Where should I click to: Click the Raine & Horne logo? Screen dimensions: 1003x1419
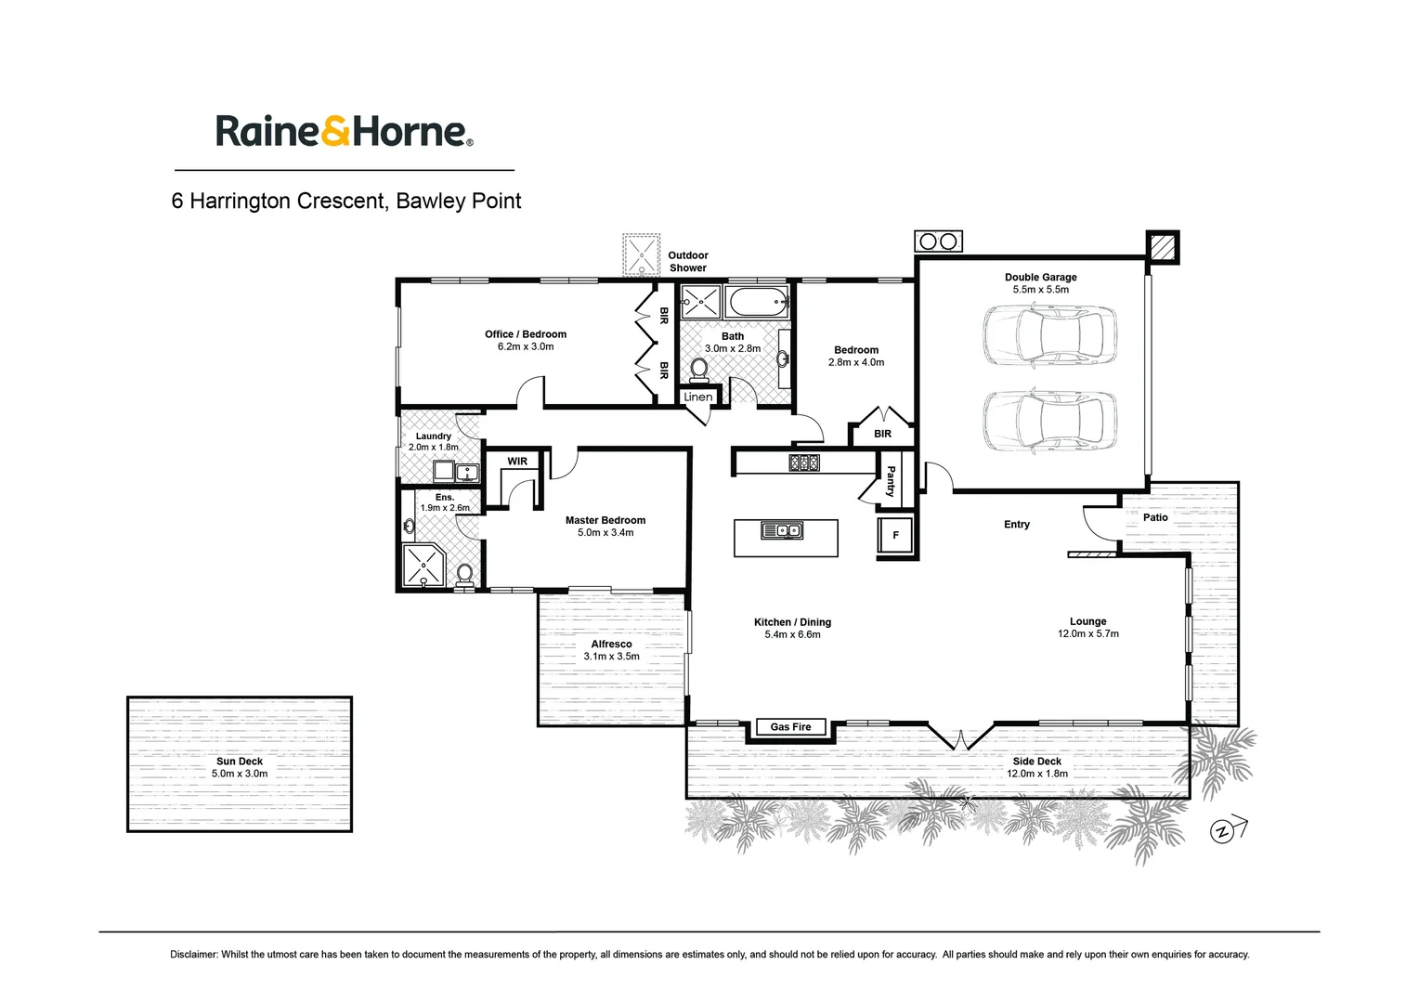(345, 131)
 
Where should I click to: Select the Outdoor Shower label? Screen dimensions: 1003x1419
(688, 261)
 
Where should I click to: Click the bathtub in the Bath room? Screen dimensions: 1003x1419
(758, 302)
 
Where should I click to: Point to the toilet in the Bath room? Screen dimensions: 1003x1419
(698, 371)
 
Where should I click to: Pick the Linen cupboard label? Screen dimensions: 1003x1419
(698, 397)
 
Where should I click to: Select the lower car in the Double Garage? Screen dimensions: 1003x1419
(1049, 420)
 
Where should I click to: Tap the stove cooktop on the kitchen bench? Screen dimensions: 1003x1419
(804, 462)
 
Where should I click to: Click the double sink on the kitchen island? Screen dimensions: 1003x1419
(782, 530)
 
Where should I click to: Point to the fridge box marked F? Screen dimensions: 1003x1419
(895, 536)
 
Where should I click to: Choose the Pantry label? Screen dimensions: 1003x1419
(891, 481)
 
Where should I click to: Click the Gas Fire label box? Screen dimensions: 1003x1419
(790, 727)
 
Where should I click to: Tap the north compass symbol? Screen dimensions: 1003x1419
(1224, 830)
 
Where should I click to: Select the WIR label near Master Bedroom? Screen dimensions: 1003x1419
(517, 462)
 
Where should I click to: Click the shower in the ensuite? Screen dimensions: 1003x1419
(423, 567)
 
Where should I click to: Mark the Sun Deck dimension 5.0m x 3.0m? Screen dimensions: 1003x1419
(240, 774)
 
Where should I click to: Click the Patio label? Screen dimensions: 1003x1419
(1155, 517)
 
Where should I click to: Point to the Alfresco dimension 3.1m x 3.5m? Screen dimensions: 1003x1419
(611, 657)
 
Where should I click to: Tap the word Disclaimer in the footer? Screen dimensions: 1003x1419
(194, 954)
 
